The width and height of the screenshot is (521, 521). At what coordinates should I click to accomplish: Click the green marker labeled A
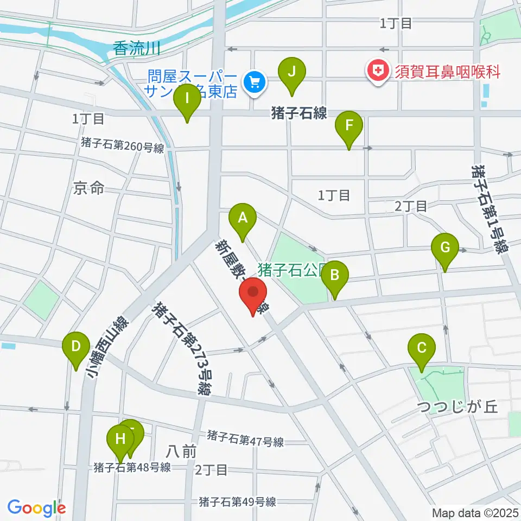[243, 219]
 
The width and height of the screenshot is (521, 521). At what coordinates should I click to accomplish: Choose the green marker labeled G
[444, 249]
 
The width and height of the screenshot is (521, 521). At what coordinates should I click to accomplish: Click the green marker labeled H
[120, 439]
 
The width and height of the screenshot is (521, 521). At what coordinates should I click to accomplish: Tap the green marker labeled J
[292, 73]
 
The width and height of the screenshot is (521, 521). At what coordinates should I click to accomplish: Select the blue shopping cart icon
[253, 82]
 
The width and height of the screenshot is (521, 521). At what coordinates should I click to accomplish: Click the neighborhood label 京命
[88, 188]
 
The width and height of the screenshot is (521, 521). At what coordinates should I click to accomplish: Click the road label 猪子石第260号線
[122, 145]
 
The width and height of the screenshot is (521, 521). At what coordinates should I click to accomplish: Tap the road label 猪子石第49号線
[238, 501]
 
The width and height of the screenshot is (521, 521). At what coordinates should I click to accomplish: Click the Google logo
[36, 507]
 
